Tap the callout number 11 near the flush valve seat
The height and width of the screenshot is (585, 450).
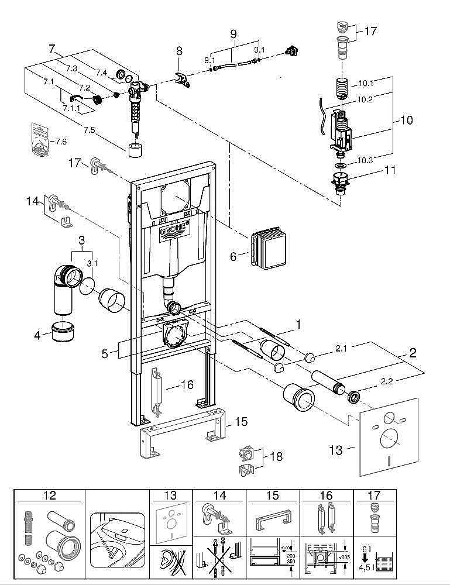[x=390, y=171]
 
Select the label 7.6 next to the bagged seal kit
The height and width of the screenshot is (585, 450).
[x=61, y=141]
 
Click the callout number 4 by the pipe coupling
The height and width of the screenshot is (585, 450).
[x=37, y=335]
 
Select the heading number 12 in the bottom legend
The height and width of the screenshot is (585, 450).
[x=49, y=495]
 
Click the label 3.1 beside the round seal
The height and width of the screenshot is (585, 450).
[x=92, y=263]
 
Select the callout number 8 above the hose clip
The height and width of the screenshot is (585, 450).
[x=180, y=51]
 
